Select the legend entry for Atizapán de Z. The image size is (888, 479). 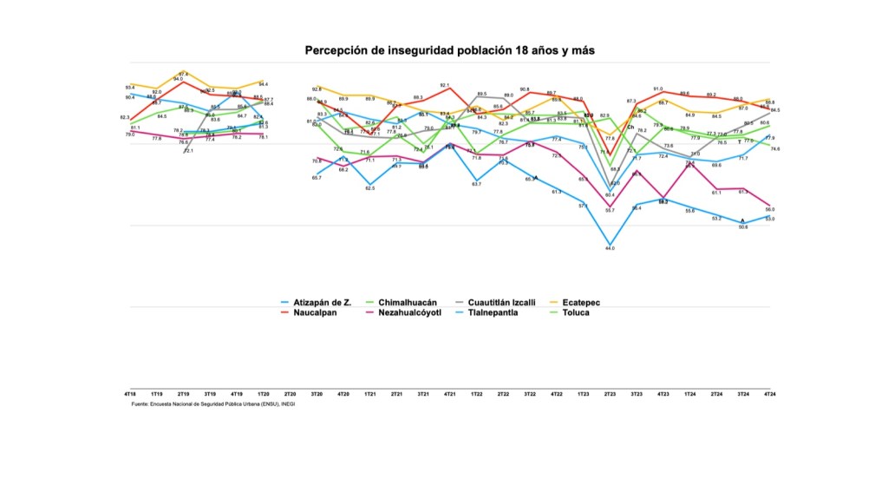click(322, 303)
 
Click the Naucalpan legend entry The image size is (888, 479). click(316, 312)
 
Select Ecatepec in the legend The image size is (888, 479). click(581, 303)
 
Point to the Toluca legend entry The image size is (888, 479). click(575, 312)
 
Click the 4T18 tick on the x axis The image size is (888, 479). click(130, 394)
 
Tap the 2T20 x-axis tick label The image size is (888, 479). click(291, 394)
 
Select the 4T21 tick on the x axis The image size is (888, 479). click(450, 394)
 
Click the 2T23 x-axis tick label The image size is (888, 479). click(610, 394)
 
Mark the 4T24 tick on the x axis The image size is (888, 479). click(769, 394)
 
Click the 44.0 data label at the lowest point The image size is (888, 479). click(610, 249)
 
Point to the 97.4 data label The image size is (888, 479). click(183, 74)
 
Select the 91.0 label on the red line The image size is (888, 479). click(658, 89)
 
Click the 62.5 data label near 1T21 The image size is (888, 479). click(370, 187)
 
